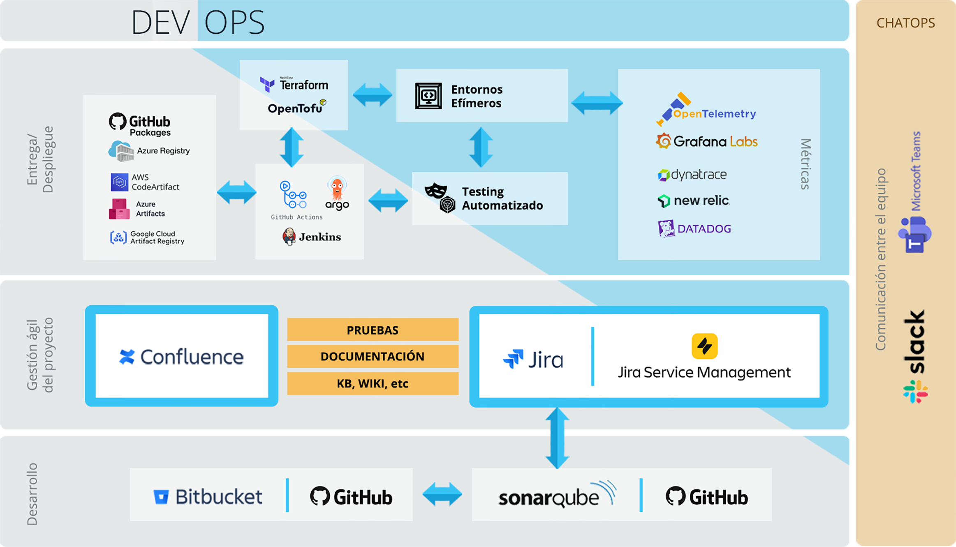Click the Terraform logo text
(x=303, y=85)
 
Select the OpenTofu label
(x=295, y=108)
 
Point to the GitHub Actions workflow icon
(x=293, y=194)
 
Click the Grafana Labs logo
(x=706, y=142)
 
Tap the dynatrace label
(x=692, y=175)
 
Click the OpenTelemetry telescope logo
(x=673, y=108)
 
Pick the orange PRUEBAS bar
(x=373, y=330)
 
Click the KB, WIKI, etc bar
(x=373, y=383)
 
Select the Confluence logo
(x=181, y=357)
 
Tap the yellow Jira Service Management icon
(x=704, y=346)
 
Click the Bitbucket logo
(x=208, y=496)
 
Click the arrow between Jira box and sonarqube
(x=557, y=437)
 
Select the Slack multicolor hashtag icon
(x=915, y=391)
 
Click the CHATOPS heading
(x=905, y=23)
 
